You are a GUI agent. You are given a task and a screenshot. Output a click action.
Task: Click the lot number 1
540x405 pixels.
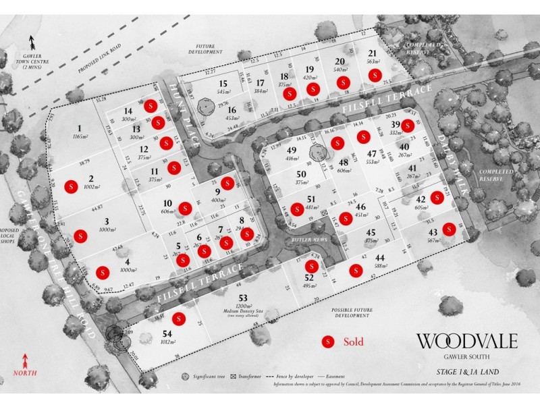[80, 128]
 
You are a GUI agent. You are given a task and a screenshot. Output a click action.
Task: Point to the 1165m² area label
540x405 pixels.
[80, 137]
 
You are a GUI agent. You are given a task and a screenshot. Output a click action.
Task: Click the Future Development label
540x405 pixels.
[206, 49]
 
